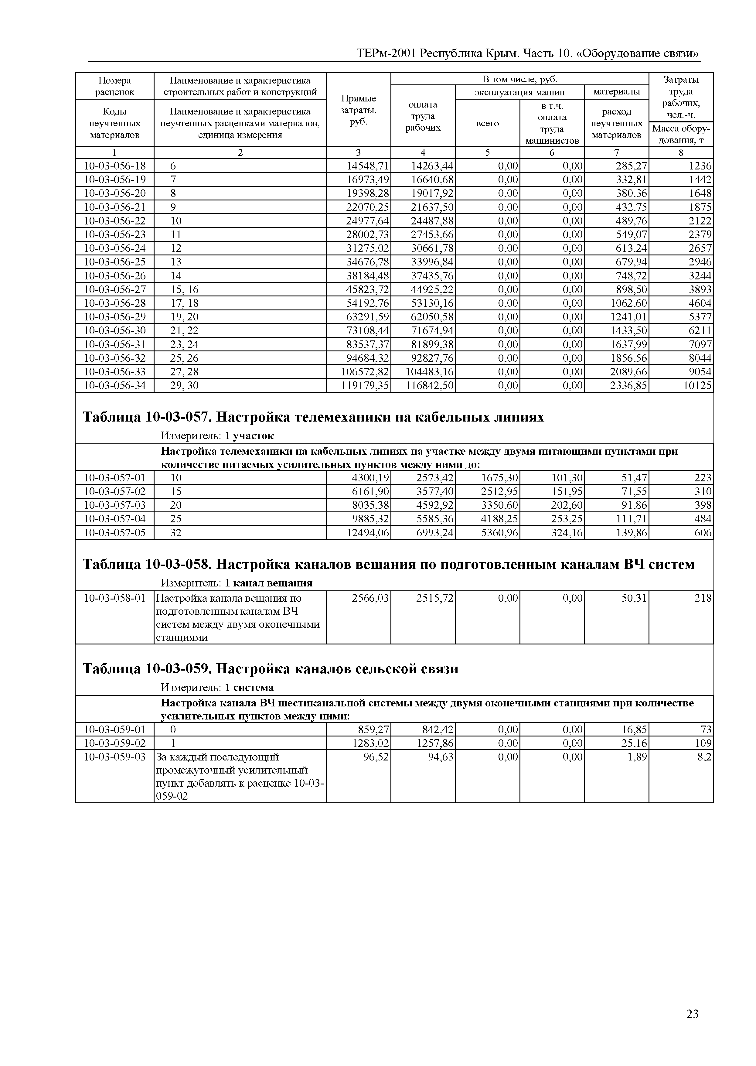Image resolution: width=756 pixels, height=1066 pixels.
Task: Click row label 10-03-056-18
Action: [x=114, y=166]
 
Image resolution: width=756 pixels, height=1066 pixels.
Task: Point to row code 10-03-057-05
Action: [x=114, y=532]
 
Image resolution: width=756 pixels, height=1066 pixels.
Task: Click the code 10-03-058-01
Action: [x=114, y=598]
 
